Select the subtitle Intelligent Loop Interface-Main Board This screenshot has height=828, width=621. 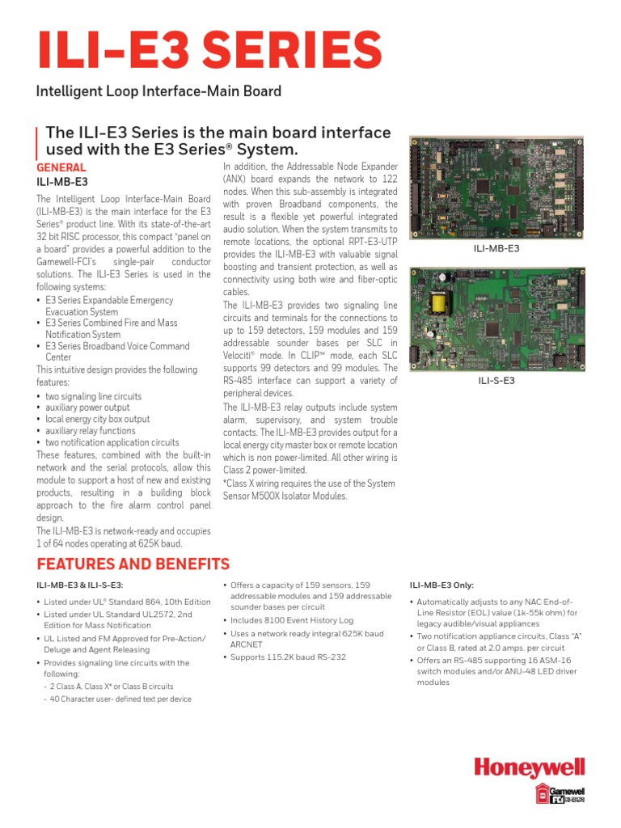coord(158,91)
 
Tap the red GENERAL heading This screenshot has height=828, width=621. coord(61,167)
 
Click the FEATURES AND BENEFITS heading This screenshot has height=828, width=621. coord(133,564)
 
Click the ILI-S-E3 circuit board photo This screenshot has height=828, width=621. coord(496,318)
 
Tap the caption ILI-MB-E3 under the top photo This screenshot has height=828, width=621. coord(496,249)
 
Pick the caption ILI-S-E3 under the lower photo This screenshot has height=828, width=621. coord(496,379)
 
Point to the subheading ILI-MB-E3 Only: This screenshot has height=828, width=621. coord(441,585)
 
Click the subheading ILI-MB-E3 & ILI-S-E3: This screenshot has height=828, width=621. coord(79,585)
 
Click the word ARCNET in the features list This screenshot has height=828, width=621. coord(248,644)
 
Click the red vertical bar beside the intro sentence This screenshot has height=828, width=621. coord(37,141)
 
